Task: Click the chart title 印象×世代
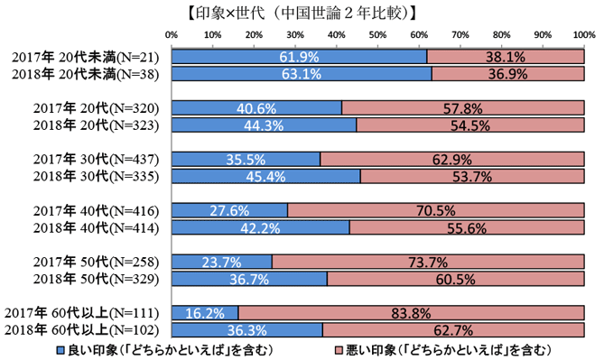pos(302,14)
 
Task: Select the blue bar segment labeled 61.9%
pos(299,57)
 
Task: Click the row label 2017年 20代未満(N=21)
pos(86,57)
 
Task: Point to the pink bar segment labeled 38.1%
pos(505,57)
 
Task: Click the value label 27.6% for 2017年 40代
pos(228,211)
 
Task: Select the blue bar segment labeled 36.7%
pos(247,279)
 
